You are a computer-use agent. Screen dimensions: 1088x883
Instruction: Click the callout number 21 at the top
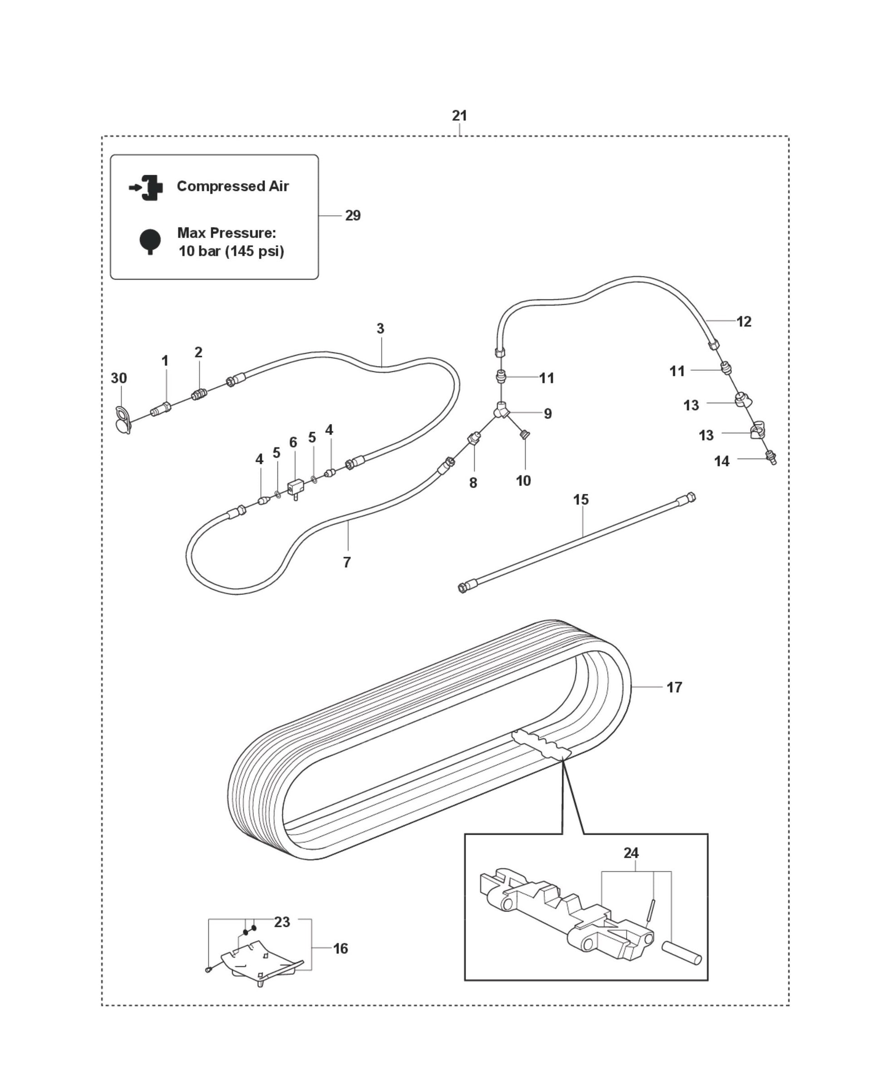(459, 116)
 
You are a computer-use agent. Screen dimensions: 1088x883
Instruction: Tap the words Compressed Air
(232, 186)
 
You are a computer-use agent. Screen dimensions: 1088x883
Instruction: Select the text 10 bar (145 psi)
(231, 252)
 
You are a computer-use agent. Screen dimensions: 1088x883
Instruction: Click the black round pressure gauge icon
(150, 241)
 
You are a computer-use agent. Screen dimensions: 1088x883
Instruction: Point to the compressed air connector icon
(147, 187)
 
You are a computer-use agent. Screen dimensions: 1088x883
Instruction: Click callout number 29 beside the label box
(353, 216)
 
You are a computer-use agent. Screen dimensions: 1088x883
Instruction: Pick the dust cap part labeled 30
(123, 419)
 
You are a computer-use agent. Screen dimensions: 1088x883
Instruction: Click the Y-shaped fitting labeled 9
(501, 410)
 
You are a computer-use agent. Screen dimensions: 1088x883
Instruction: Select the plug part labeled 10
(525, 435)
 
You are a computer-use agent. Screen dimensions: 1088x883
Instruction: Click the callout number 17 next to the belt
(674, 687)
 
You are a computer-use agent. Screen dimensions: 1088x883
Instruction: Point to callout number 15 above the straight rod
(580, 500)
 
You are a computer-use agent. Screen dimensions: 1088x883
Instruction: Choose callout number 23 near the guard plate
(282, 922)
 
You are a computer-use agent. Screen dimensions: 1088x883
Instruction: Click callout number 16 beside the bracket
(340, 949)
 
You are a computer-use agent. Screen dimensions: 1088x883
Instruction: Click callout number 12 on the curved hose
(743, 321)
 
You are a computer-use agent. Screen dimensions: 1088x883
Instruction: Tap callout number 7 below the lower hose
(347, 562)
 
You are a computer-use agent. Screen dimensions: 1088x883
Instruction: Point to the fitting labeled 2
(198, 395)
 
